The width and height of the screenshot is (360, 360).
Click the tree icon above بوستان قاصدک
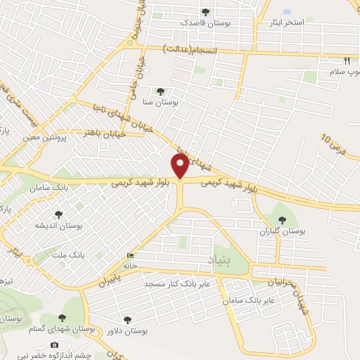[205, 11]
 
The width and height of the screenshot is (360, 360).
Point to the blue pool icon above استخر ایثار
[287, 12]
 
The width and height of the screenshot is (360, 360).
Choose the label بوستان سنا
[161, 102]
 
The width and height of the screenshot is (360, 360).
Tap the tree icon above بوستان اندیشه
[57, 214]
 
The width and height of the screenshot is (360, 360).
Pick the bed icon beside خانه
[129, 256]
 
